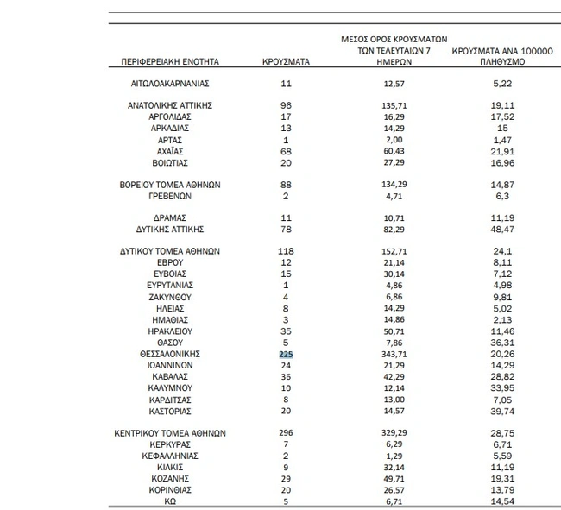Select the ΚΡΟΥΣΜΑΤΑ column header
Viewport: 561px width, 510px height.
287,62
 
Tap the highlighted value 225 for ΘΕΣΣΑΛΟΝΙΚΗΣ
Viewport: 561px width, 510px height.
287,353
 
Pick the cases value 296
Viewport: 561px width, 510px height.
287,432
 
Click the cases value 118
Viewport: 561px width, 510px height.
287,251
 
